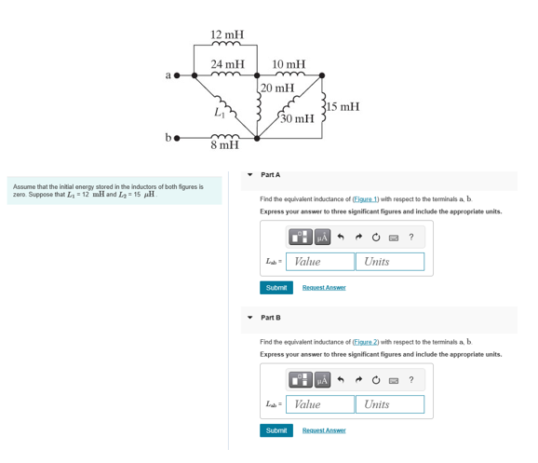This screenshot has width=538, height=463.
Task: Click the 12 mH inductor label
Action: pyautogui.click(x=227, y=34)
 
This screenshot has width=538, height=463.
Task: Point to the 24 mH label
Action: pyautogui.click(x=227, y=64)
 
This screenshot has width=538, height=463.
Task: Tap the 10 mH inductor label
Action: pyautogui.click(x=289, y=64)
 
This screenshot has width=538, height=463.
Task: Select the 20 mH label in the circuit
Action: pyautogui.click(x=277, y=89)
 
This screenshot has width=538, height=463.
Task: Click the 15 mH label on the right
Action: pyautogui.click(x=343, y=106)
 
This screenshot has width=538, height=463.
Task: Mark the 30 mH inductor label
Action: pyautogui.click(x=297, y=118)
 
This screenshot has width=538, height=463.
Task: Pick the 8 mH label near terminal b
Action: pyautogui.click(x=224, y=145)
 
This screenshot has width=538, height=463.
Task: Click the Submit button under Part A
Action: pyautogui.click(x=276, y=288)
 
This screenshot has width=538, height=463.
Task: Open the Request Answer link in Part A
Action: pyautogui.click(x=324, y=288)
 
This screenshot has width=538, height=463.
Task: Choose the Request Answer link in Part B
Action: pyautogui.click(x=324, y=430)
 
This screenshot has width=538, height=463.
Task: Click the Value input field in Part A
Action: pyautogui.click(x=320, y=262)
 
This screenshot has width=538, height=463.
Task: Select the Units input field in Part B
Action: pyautogui.click(x=389, y=404)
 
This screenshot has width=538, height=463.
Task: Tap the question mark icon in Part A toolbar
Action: pyautogui.click(x=411, y=237)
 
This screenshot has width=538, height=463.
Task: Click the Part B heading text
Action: pyautogui.click(x=271, y=318)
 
